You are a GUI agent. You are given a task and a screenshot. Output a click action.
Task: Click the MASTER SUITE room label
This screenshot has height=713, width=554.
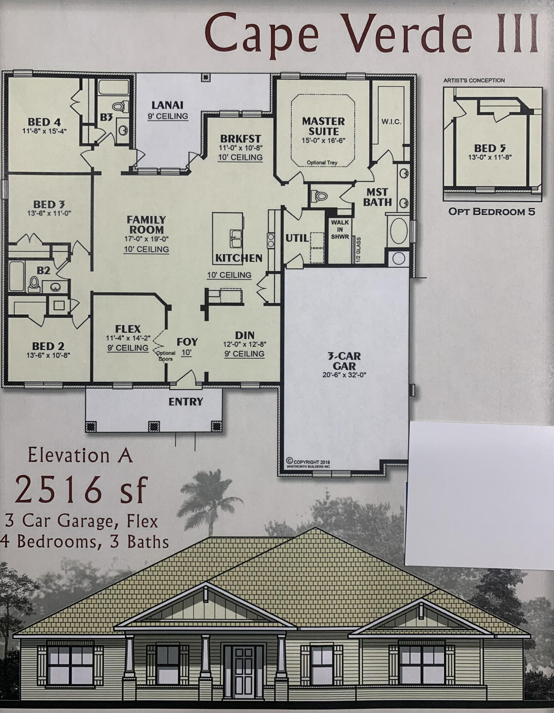click(323, 126)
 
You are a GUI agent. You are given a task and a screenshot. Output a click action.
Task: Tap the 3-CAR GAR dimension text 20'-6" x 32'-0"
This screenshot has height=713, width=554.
click(345, 375)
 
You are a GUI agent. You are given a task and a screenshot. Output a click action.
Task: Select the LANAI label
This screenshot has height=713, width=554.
click(167, 105)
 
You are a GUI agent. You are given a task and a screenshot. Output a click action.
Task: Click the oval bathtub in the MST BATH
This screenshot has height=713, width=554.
click(399, 231)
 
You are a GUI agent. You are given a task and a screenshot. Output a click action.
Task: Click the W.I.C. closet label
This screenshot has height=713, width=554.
click(391, 122)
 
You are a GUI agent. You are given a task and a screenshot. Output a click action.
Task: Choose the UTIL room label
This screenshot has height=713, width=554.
click(297, 238)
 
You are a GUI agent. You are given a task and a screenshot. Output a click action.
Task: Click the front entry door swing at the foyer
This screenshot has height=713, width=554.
click(187, 378)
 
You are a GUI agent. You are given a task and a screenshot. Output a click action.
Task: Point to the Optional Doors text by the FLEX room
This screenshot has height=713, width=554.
click(166, 356)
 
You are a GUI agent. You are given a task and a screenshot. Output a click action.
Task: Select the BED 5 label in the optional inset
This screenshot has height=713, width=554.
click(490, 148)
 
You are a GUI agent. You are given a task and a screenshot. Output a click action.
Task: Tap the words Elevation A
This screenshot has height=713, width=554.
click(81, 455)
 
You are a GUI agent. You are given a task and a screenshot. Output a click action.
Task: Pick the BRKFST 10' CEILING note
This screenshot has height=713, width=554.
click(240, 157)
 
